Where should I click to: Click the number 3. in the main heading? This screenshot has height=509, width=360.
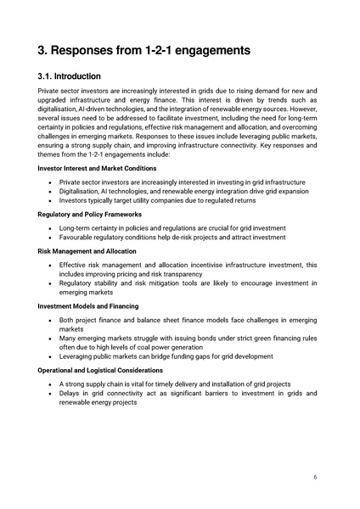[46, 50]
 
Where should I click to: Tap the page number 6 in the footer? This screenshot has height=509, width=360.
[315, 477]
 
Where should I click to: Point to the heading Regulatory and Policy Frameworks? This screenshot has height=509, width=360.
[91, 216]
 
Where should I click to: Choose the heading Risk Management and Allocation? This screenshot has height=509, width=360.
[88, 252]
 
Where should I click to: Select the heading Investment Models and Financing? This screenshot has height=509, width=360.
[88, 305]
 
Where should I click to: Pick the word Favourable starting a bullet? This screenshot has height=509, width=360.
[77, 238]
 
